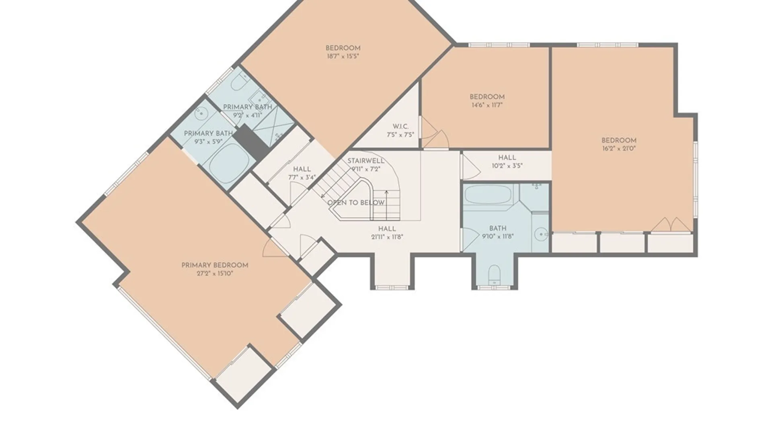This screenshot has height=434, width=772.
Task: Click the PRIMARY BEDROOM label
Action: pyautogui.click(x=215, y=265)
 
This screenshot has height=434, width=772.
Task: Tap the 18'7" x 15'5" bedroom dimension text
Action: pyautogui.click(x=343, y=57)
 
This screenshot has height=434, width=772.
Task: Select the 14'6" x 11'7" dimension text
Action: pyautogui.click(x=487, y=105)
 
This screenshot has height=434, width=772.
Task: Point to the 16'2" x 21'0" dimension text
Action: pyautogui.click(x=619, y=148)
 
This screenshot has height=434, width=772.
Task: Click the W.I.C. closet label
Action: pyautogui.click(x=400, y=127)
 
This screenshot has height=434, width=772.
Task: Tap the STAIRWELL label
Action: pyautogui.click(x=366, y=161)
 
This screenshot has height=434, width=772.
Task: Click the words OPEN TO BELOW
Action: pyautogui.click(x=356, y=203)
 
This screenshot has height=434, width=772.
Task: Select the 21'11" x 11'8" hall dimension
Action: pyautogui.click(x=387, y=237)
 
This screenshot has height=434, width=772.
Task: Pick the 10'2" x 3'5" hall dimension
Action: pyautogui.click(x=507, y=166)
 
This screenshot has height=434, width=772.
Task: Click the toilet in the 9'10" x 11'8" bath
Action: pyautogui.click(x=494, y=274)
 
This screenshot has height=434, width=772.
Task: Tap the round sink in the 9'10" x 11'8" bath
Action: pyautogui.click(x=541, y=233)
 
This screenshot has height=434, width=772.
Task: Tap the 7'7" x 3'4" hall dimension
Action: pyautogui.click(x=302, y=177)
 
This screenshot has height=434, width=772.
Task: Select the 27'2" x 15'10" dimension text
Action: pyautogui.click(x=215, y=274)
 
